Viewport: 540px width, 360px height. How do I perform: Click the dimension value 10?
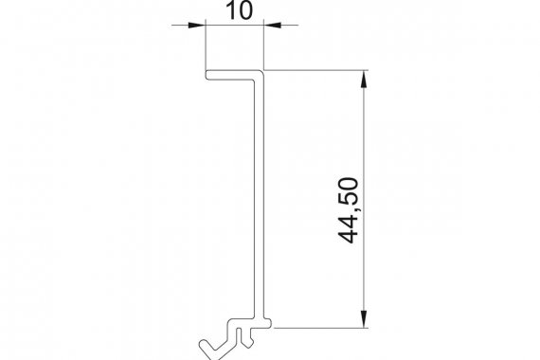click(x=240, y=10)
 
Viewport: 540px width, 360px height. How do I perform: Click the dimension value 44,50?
click(x=349, y=210)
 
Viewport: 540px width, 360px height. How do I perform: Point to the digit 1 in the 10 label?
click(x=231, y=10)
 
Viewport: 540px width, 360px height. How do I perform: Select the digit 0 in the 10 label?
click(x=245, y=10)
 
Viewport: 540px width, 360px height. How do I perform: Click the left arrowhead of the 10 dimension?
click(x=197, y=25)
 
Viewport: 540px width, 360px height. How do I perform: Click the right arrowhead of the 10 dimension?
click(x=273, y=25)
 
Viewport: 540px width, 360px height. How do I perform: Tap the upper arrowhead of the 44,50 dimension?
click(x=364, y=79)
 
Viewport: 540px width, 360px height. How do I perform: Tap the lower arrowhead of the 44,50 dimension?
click(x=364, y=319)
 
